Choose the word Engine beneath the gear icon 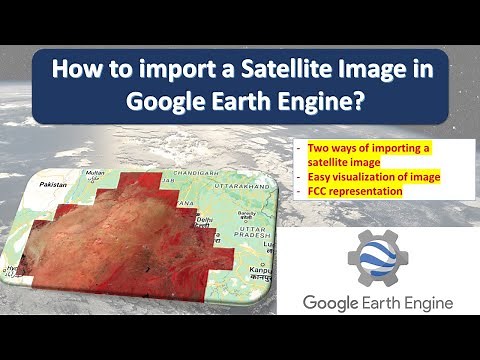coord(423,302)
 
